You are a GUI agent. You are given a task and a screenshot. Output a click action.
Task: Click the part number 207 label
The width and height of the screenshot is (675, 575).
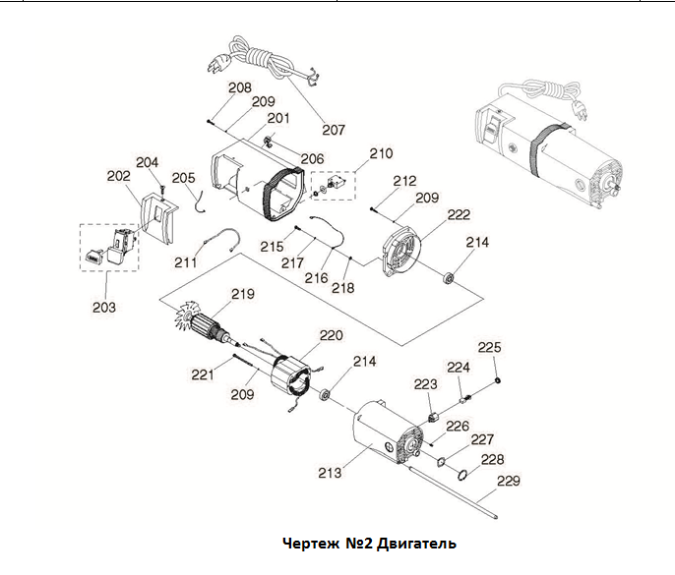[334, 129]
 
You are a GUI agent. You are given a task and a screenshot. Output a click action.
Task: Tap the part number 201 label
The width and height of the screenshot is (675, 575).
[278, 119]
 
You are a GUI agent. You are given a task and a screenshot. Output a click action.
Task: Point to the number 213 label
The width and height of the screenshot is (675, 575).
[330, 473]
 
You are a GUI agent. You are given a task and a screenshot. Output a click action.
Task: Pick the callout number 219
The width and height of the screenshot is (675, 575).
[242, 294]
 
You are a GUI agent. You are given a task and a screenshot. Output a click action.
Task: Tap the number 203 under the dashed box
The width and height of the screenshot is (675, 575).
[104, 307]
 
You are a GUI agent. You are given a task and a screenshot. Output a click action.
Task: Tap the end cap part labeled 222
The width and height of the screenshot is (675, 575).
[399, 255]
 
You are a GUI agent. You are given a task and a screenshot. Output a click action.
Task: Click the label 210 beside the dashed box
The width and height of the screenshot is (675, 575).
[380, 153]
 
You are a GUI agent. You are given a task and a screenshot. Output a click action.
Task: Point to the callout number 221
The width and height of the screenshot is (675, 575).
[202, 374]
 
